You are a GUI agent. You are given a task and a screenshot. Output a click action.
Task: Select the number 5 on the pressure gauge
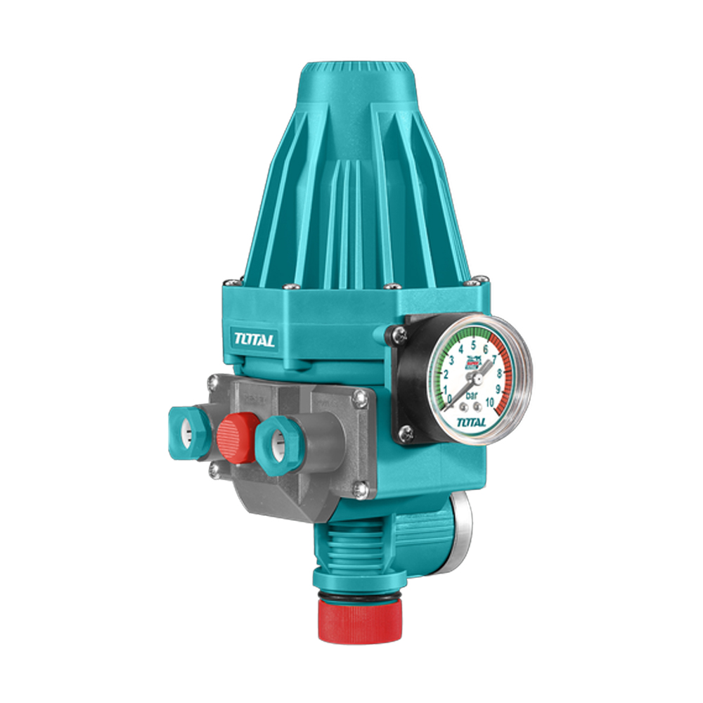tap(474, 345)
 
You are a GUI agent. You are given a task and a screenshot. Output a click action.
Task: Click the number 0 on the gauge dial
tap(450, 398)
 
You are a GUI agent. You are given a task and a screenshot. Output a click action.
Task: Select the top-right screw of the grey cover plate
tap(360, 399)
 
